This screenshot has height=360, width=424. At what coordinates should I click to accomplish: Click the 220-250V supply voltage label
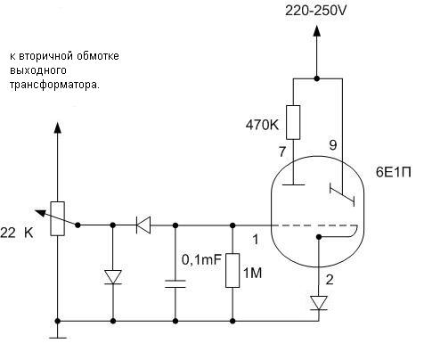click(316, 11)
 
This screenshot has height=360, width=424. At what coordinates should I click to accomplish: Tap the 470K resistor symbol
click(293, 122)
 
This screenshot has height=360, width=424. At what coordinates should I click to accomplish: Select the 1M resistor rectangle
click(232, 270)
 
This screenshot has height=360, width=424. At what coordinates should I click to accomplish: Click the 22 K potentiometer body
click(58, 218)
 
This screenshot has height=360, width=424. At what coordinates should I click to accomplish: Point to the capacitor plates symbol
click(175, 283)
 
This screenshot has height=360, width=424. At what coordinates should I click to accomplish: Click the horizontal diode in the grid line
click(143, 225)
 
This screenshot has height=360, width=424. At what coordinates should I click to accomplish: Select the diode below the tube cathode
click(319, 303)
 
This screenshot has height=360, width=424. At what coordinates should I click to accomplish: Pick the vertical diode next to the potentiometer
click(113, 277)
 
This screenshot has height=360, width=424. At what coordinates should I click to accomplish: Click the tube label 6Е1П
click(394, 172)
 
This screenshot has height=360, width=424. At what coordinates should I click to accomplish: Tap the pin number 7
click(282, 151)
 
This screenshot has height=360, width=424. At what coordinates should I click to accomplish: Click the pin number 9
click(333, 145)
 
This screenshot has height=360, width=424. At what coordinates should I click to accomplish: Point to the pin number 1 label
click(255, 240)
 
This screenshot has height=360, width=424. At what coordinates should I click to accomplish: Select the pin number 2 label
click(330, 280)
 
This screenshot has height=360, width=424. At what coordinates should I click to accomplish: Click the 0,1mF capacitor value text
click(201, 260)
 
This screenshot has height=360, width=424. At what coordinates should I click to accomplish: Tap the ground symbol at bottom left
click(58, 338)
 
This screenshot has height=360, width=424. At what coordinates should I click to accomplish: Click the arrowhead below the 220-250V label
click(317, 30)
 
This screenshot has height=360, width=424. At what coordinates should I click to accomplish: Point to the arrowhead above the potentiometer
click(58, 127)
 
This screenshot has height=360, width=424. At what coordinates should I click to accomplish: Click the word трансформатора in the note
click(55, 85)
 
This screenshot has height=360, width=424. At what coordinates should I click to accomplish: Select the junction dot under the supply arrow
click(317, 78)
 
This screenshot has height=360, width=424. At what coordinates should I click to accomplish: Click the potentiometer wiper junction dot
click(77, 225)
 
